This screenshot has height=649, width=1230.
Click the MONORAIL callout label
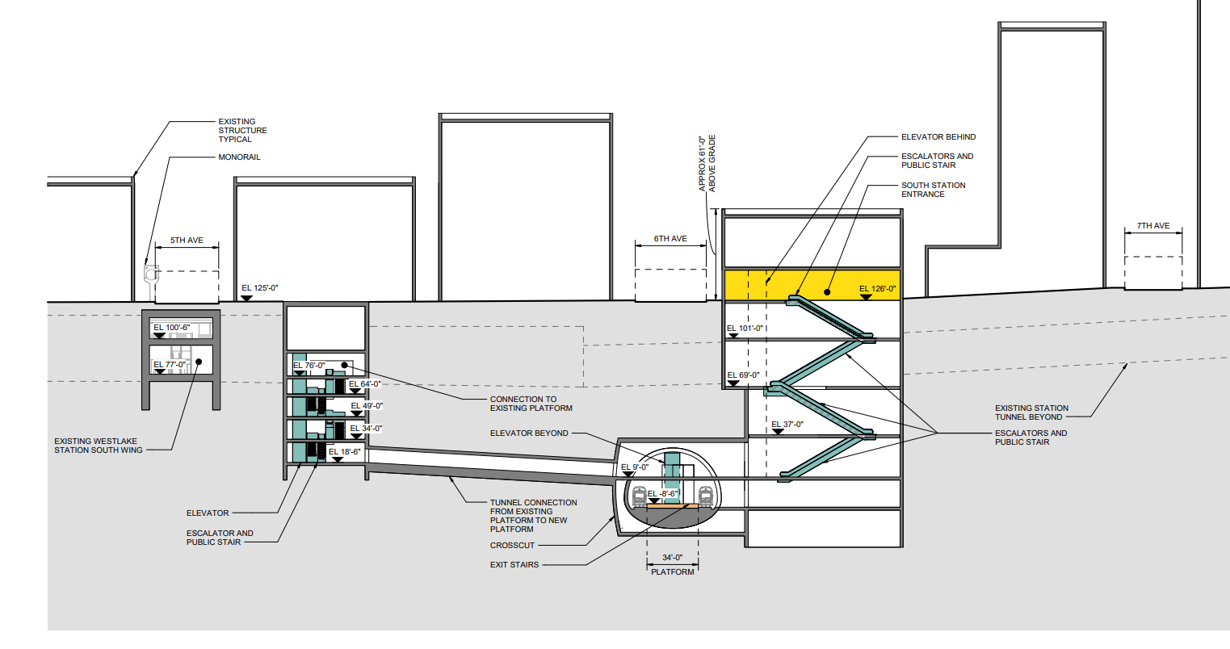pos(239,157)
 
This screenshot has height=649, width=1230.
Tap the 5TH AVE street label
pos(187,241)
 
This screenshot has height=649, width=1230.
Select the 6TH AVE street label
pos(670,239)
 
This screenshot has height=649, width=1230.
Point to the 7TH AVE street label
pos(1153,226)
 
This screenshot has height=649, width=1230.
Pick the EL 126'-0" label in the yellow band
pos(878,289)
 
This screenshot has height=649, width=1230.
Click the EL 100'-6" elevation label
pos(170,328)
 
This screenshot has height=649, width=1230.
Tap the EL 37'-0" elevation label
pos(787,425)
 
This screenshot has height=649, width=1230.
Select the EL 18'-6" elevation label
pos(345,452)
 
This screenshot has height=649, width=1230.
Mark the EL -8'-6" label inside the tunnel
pos(661,493)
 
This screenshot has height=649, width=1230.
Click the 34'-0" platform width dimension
pos(672,557)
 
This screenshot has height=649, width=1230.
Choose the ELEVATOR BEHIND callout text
pos(938,137)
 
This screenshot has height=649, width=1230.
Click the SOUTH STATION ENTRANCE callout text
pos(933,190)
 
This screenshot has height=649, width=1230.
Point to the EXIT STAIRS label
pos(514,565)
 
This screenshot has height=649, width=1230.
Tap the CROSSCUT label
pos(512,546)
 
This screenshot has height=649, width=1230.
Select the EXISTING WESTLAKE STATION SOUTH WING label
pos(99,446)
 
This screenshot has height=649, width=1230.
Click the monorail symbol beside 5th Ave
pos(150,274)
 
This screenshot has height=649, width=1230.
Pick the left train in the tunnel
pos(640,495)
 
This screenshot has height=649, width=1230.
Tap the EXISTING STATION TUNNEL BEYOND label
pos(1031,412)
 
